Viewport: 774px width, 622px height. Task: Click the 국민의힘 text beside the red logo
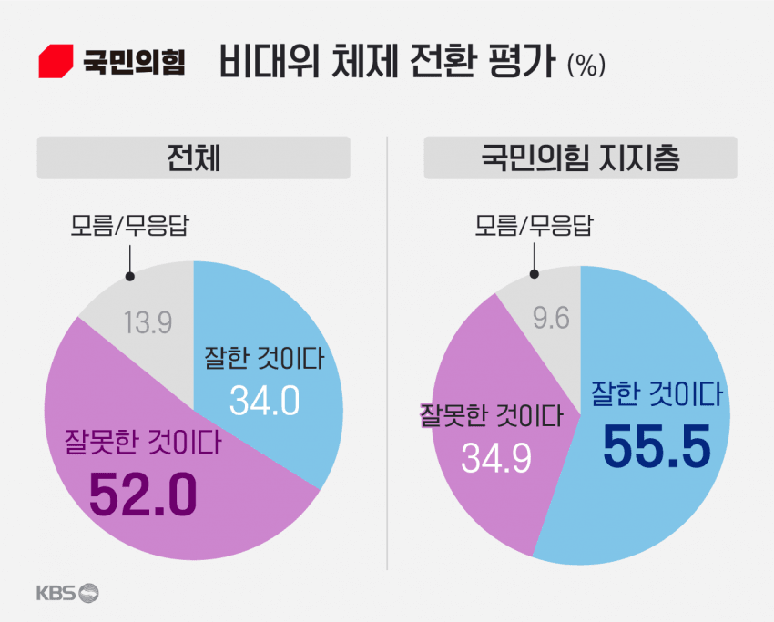pyautogui.click(x=134, y=62)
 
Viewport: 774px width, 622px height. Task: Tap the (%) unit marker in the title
pyautogui.click(x=585, y=66)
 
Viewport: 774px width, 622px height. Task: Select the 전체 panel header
pyautogui.click(x=193, y=158)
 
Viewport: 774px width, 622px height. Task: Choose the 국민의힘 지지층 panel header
pyautogui.click(x=580, y=158)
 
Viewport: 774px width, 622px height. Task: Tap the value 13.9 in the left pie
pyautogui.click(x=147, y=323)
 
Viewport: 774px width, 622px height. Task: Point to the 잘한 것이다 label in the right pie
pyautogui.click(x=657, y=394)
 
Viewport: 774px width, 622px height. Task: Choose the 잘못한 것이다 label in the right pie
pyautogui.click(x=490, y=416)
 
